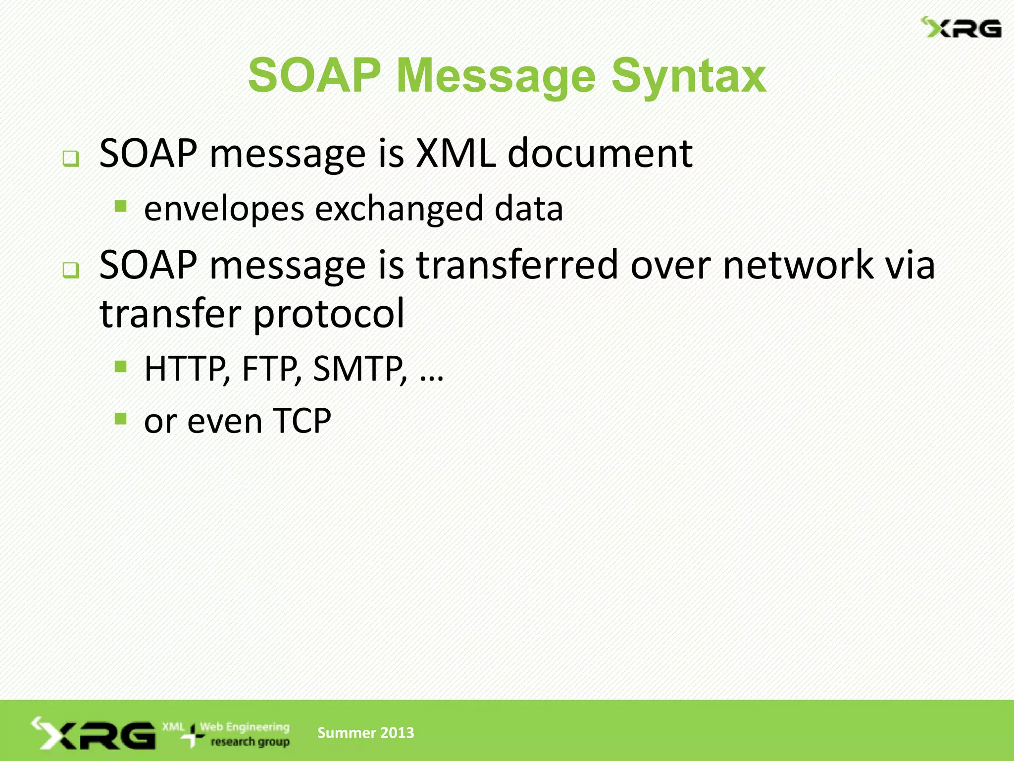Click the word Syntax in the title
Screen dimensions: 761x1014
pyautogui.click(x=689, y=77)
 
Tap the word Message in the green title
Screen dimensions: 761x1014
pyautogui.click(x=496, y=77)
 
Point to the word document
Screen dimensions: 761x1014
pyautogui.click(x=600, y=154)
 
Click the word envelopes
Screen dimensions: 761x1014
pyautogui.click(x=224, y=209)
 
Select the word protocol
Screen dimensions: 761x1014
pyautogui.click(x=329, y=315)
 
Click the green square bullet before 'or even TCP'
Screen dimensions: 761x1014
pyautogui.click(x=120, y=419)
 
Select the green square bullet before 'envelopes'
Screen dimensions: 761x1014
pyautogui.click(x=120, y=206)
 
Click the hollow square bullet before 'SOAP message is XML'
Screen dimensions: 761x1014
pyautogui.click(x=71, y=159)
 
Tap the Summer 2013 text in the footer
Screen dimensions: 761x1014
pyautogui.click(x=365, y=733)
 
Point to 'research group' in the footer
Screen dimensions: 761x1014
pyautogui.click(x=250, y=742)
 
